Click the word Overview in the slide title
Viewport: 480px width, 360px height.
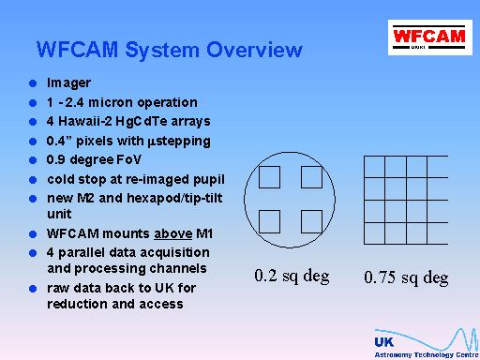point(254,50)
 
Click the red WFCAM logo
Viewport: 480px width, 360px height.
point(430,37)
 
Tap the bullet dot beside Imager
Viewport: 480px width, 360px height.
point(33,83)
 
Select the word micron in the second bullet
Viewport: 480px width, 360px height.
point(111,102)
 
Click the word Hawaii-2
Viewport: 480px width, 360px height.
point(85,121)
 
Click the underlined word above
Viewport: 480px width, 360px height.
point(173,233)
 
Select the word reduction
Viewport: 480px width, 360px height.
point(77,304)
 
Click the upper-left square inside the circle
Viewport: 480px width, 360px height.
point(269,177)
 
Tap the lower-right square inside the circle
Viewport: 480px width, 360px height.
point(311,221)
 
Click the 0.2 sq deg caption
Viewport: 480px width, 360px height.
point(292,277)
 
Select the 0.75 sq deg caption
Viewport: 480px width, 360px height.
point(406,277)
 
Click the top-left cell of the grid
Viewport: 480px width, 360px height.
point(374,167)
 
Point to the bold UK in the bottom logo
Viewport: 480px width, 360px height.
point(384,342)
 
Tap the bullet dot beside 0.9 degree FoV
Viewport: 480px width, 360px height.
point(33,160)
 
